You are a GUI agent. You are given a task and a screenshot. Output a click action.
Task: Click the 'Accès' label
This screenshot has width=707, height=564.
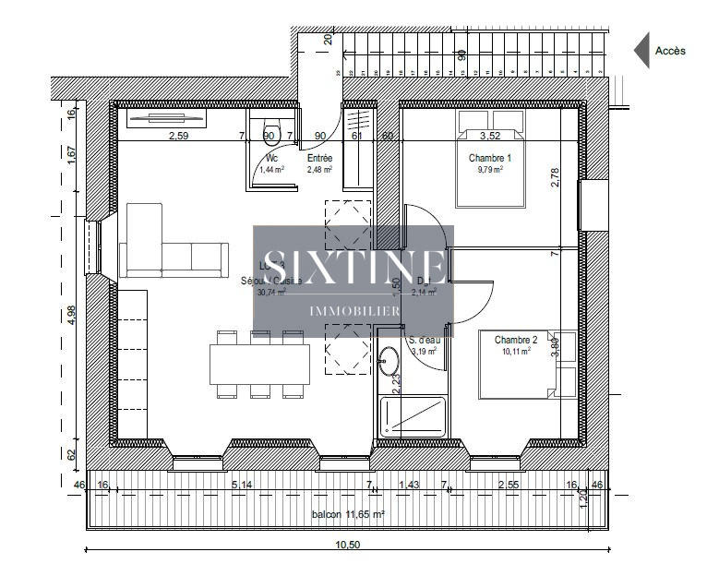tap(670, 52)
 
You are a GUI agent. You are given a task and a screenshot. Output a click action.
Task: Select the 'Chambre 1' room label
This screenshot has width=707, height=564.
tap(489, 158)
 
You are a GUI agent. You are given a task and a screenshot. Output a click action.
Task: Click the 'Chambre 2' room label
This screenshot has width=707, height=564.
tap(515, 340)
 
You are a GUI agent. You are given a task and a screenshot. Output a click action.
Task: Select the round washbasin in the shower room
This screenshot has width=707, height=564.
tap(391, 359)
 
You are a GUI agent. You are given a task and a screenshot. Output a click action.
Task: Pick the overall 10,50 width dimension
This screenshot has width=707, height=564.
tap(347, 546)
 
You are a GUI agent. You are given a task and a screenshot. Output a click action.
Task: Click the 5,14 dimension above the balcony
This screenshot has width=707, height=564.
tap(242, 484)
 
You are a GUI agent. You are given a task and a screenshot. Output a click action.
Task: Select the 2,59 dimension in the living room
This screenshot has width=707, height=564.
tap(179, 137)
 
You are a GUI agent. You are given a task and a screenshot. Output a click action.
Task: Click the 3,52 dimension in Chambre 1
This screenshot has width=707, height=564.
tap(489, 137)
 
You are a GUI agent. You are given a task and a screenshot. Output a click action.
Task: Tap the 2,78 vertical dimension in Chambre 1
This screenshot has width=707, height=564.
tap(555, 177)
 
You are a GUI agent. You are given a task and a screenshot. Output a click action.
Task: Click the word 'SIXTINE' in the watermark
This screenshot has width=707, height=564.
tap(353, 268)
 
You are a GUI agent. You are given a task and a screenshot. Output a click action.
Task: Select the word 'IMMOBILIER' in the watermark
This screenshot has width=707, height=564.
tap(353, 311)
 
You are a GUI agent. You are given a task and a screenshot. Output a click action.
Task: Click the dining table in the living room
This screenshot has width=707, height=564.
tap(260, 364)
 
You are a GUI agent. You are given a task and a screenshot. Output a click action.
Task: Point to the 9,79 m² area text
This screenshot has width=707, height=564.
tap(489, 170)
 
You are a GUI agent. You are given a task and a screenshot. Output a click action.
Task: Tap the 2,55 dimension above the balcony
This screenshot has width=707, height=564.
tap(508, 484)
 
